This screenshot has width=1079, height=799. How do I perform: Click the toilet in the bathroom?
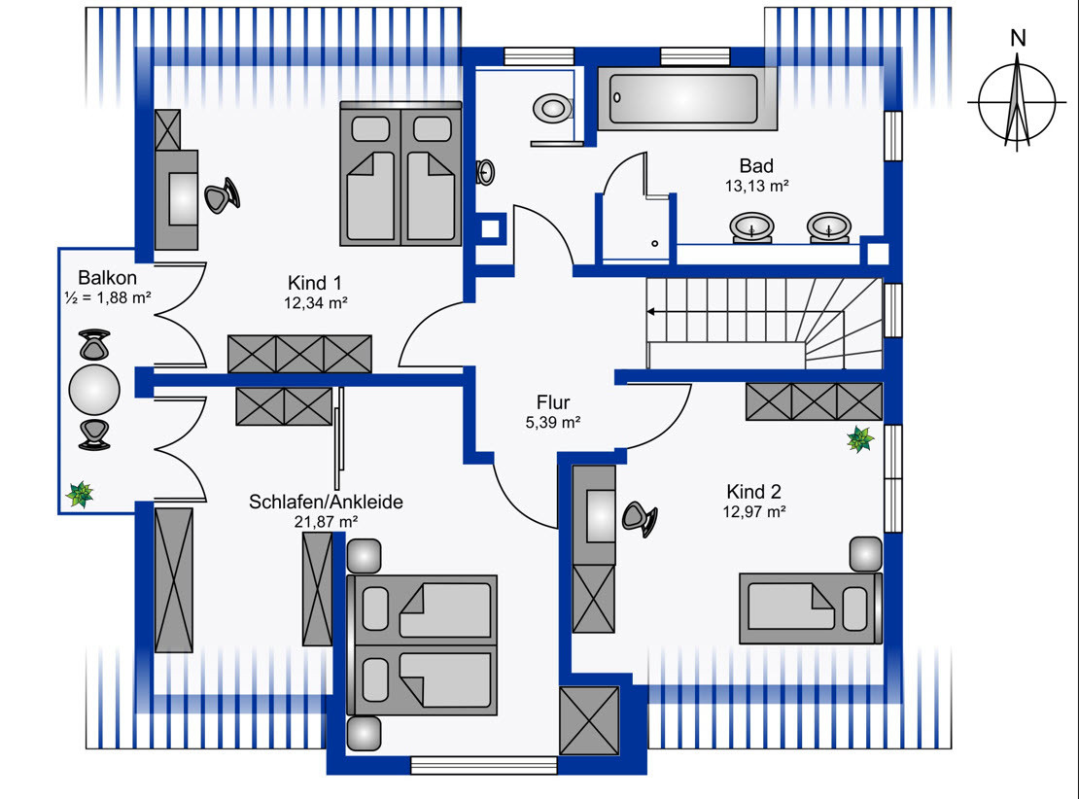coord(552,109)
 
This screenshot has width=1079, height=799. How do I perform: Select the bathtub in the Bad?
coord(686,98)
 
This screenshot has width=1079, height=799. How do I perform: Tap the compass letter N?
coord(1018,39)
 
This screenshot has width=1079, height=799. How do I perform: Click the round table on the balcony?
coord(94,390)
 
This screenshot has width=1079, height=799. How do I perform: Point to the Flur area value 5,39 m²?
coord(552,423)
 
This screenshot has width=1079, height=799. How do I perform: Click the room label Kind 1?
coord(315,283)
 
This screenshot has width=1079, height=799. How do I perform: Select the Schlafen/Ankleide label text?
coord(326,502)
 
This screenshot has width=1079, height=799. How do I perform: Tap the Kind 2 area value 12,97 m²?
coord(754,512)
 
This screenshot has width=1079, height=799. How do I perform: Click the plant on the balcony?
coord(80,494)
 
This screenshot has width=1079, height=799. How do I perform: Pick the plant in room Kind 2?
coord(860,439)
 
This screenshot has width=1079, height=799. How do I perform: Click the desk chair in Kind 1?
coord(223,196)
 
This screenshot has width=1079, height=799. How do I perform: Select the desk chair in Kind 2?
coord(640,518)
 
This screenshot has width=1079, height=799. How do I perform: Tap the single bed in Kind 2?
coord(811,608)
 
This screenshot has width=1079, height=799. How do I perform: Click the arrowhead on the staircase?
coord(650,312)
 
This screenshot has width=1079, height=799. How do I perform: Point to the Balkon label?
coord(107,278)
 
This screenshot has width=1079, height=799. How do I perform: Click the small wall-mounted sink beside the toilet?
coord(485,173)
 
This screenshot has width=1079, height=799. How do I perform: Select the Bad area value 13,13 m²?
coord(756,186)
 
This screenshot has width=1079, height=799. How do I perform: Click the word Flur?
coord(553,402)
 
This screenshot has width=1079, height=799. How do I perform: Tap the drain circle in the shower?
coord(654,244)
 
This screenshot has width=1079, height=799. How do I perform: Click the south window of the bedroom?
coord(484,765)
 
